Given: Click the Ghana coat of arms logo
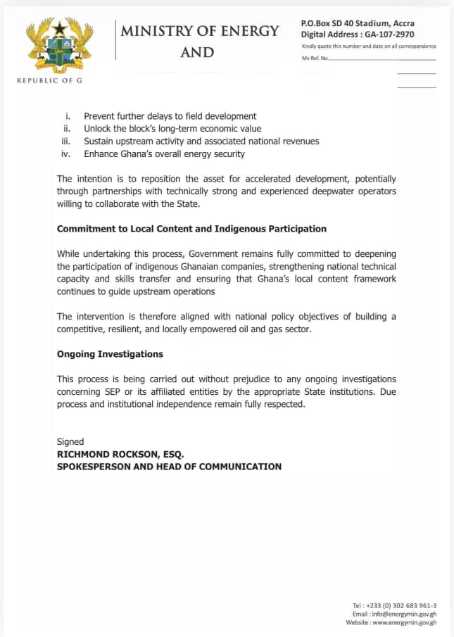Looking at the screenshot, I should (59, 45).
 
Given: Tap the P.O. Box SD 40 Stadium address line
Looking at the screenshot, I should (358, 23).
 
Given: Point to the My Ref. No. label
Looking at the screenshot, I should (315, 58).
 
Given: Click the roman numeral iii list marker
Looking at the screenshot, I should (66, 141).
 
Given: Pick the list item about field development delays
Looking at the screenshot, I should (170, 116).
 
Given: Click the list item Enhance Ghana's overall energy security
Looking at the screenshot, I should (164, 154).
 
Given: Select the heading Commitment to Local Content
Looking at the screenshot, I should (191, 229).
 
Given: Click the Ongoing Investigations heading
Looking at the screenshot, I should (110, 354).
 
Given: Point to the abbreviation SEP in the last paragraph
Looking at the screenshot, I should (113, 391).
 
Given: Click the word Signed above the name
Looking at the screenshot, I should (70, 441).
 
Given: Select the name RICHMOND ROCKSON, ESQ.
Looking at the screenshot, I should (120, 454).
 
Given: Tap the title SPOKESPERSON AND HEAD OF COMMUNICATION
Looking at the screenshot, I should (169, 467).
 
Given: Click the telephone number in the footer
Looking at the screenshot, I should (405, 606).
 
